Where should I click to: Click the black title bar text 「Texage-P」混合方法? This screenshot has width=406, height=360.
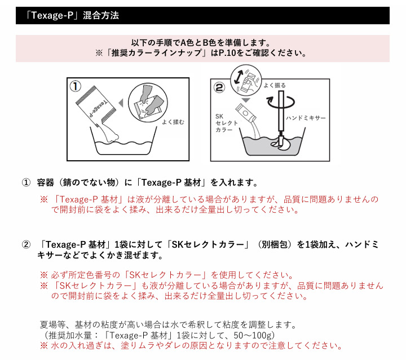tap(73, 16)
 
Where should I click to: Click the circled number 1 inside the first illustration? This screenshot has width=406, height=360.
tap(76, 86)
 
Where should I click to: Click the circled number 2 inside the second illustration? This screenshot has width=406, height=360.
tap(219, 87)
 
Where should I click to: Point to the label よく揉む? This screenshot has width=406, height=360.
tap(173, 122)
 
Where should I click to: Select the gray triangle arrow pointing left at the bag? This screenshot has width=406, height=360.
tap(121, 103)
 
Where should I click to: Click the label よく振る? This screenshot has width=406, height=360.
tap(275, 85)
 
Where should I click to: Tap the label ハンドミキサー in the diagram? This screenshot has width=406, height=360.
tap(306, 118)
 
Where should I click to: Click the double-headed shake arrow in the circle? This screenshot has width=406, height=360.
tap(239, 77)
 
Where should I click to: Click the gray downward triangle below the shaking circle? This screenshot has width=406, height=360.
tap(246, 100)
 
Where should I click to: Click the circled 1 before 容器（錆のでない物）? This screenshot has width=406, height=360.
tap(26, 183)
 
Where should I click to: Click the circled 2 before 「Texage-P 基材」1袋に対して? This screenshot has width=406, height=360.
tap(26, 244)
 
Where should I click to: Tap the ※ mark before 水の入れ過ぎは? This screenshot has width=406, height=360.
tap(44, 346)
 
